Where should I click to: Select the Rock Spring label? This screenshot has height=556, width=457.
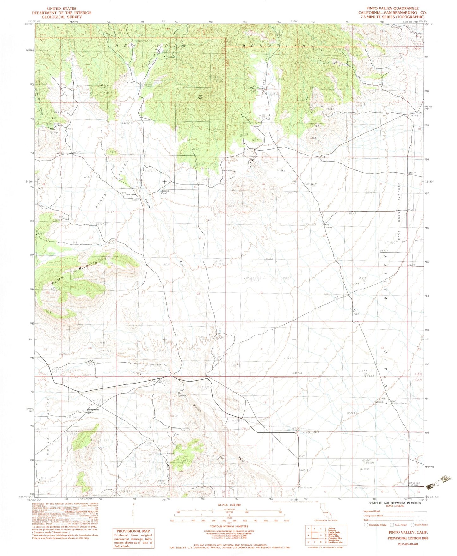coord(182,394)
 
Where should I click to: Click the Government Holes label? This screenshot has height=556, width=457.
coord(93,411)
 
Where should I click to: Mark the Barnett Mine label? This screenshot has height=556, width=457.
coord(162,482)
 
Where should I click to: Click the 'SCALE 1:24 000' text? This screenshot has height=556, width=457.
coord(229,505)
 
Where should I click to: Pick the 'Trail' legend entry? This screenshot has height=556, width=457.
coord(367,519)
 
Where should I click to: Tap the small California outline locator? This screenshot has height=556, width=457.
coord(324,515)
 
